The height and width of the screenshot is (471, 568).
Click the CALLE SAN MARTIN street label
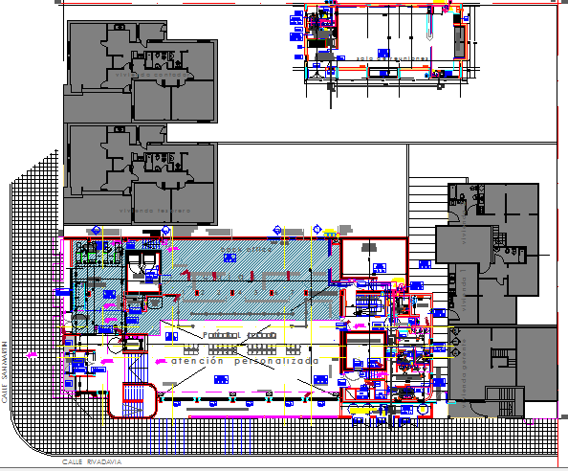click(6, 373)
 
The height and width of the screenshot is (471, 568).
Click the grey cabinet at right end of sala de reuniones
click(458, 40)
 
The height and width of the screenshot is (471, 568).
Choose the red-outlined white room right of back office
click(373, 258)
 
